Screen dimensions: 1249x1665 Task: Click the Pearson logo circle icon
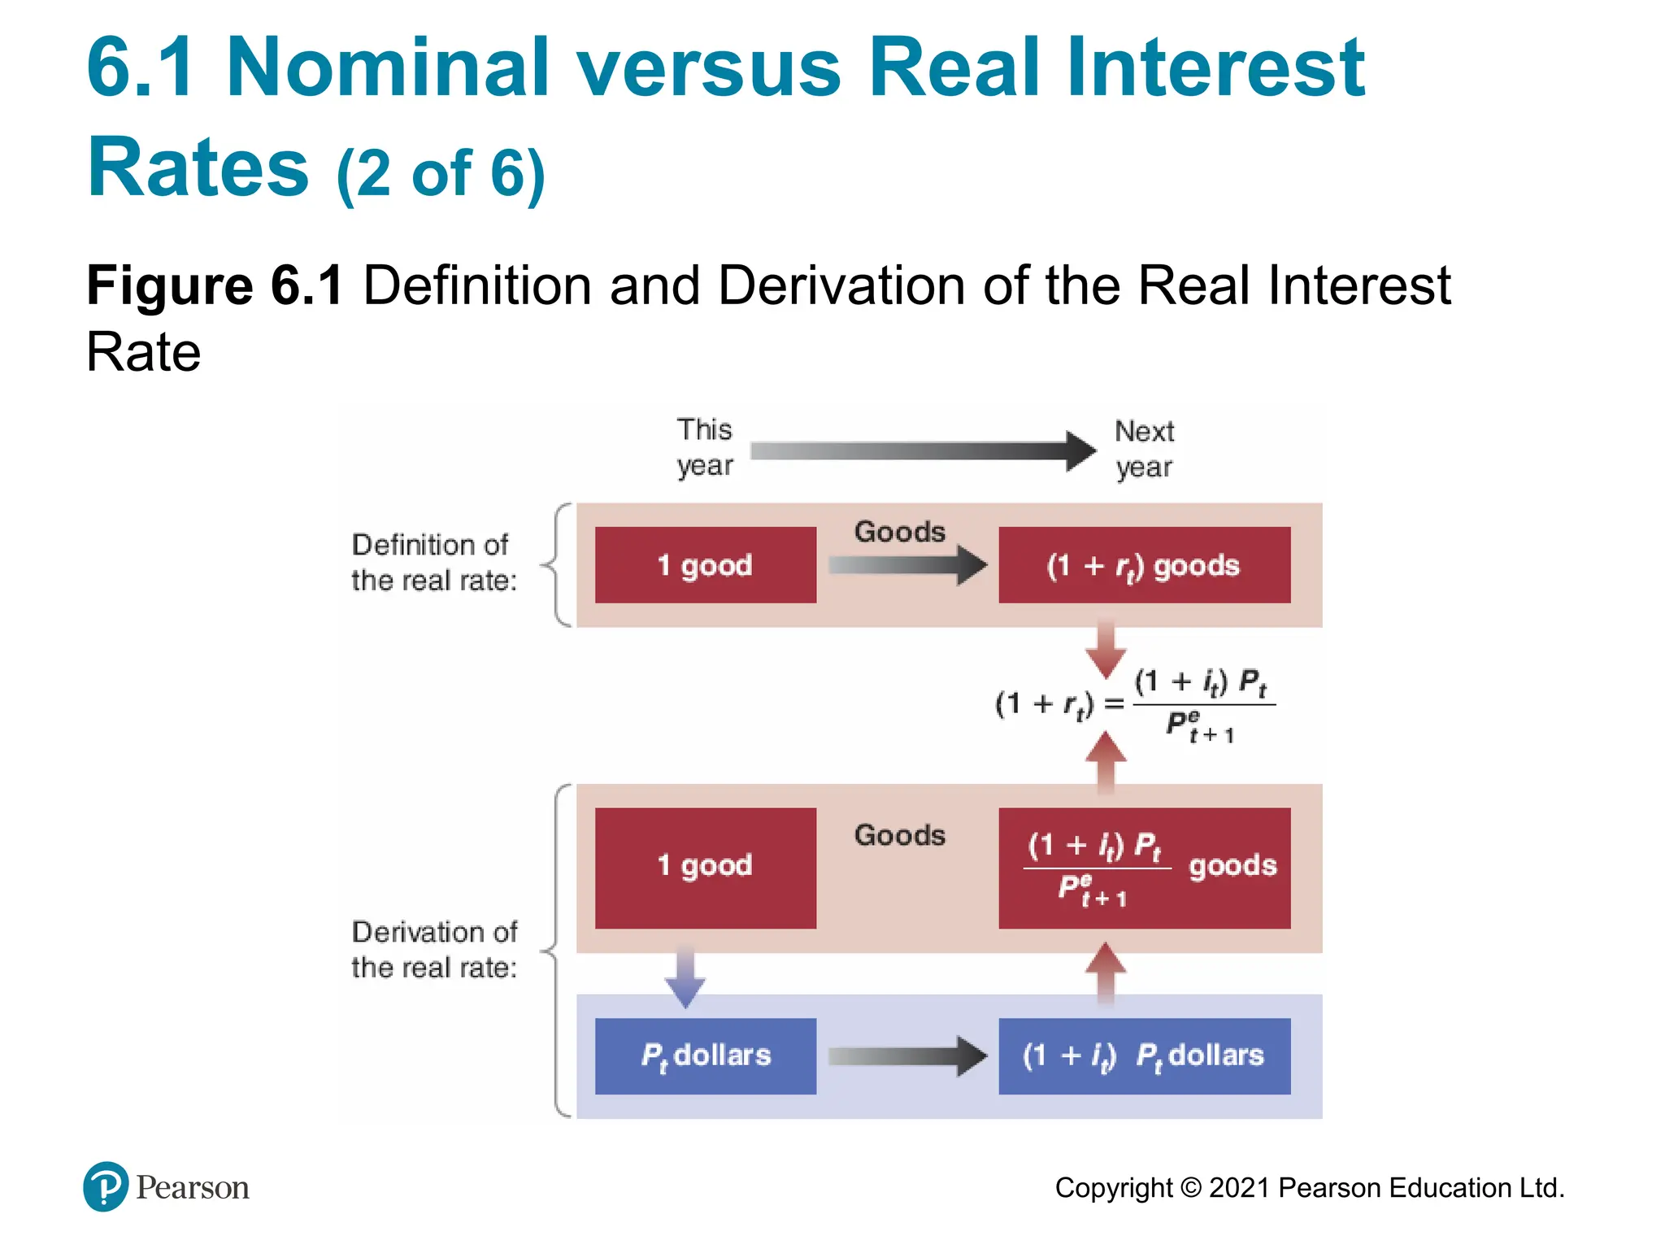105,1186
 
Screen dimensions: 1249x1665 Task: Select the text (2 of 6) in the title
440,173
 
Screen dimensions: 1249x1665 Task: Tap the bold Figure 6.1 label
215,285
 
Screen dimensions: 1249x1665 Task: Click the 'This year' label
704,447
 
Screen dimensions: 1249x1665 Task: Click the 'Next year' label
1143,449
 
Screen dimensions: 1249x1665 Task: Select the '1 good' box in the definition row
705,565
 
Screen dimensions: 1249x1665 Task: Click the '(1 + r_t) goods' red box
1143,565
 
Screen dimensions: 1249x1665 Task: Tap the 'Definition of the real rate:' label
433,563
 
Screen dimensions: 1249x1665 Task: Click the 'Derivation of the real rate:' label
433,950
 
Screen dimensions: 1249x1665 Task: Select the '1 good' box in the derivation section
705,867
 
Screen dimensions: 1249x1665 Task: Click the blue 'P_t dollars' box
705,1055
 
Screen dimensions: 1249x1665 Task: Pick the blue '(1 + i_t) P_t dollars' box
1143,1055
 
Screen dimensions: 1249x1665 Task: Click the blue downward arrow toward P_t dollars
685,976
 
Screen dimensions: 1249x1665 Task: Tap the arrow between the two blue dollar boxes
906,1055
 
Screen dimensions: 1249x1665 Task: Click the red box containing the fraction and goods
1143,868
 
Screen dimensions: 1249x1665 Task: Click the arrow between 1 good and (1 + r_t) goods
906,565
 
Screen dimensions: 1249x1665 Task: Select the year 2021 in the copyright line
1238,1188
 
